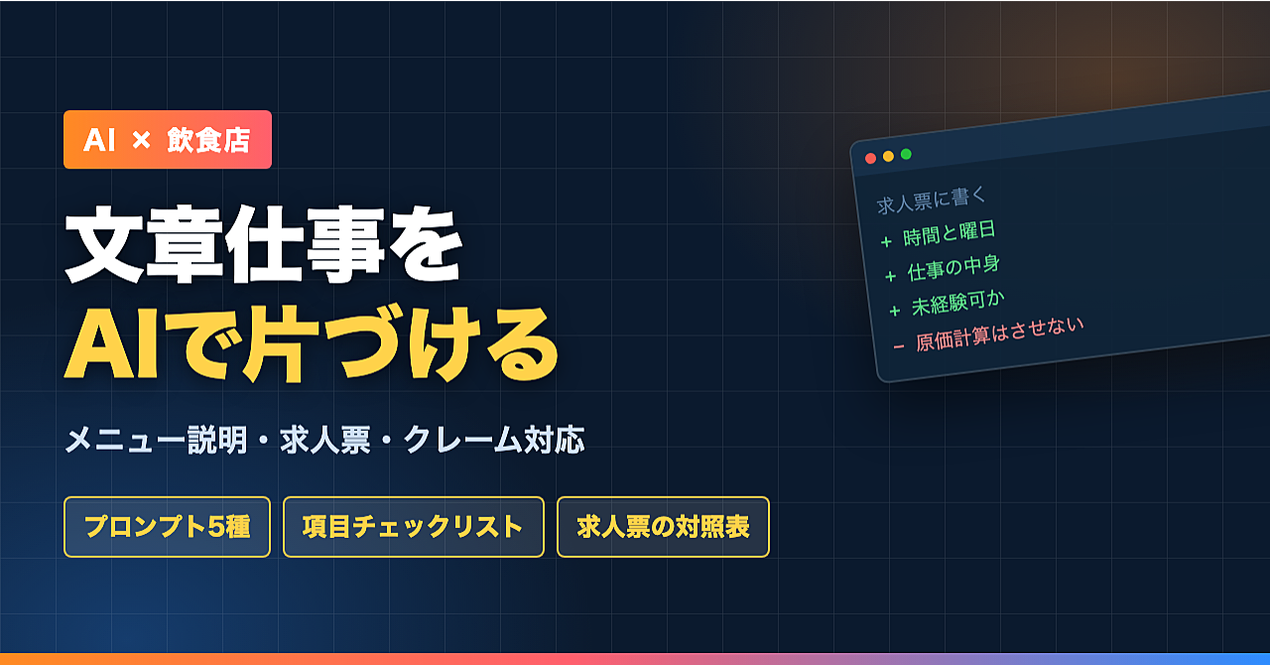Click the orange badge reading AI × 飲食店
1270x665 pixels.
click(168, 140)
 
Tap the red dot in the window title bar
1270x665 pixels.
click(871, 158)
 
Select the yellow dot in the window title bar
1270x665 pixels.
click(888, 156)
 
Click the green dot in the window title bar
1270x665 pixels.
click(906, 154)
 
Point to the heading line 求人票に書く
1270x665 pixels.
click(932, 200)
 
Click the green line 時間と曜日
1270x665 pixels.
click(950, 233)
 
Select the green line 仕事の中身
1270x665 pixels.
click(953, 268)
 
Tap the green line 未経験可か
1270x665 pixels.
click(957, 303)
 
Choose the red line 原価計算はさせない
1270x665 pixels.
click(999, 334)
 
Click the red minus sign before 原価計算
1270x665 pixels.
click(899, 346)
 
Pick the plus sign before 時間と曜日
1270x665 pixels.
click(886, 242)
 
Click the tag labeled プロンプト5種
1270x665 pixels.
click(168, 527)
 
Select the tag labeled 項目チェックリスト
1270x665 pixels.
click(414, 527)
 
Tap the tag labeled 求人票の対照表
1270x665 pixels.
click(664, 527)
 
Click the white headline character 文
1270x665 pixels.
click(104, 244)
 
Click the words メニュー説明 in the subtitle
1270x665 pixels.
click(157, 440)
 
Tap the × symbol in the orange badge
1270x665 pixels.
click(141, 140)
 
